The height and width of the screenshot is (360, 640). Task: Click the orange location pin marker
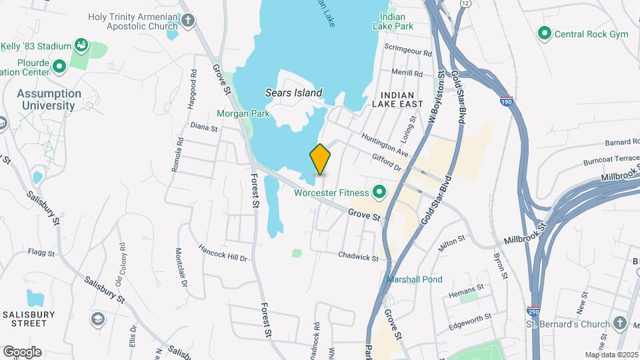(320, 158)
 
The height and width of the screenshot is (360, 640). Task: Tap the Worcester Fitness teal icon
(380, 193)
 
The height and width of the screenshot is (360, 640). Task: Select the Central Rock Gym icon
(545, 33)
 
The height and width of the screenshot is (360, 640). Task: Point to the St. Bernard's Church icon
(620, 323)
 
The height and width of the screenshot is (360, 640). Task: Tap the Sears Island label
(293, 93)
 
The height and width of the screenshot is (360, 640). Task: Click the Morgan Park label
(243, 113)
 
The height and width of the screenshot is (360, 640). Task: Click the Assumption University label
(49, 99)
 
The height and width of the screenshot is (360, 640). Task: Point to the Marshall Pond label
(414, 279)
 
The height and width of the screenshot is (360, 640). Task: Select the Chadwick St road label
(358, 255)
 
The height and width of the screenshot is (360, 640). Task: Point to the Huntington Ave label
(385, 144)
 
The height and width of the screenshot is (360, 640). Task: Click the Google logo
(22, 351)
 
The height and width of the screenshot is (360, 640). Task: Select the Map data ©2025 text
(610, 355)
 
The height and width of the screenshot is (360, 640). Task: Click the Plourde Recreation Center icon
(59, 65)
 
